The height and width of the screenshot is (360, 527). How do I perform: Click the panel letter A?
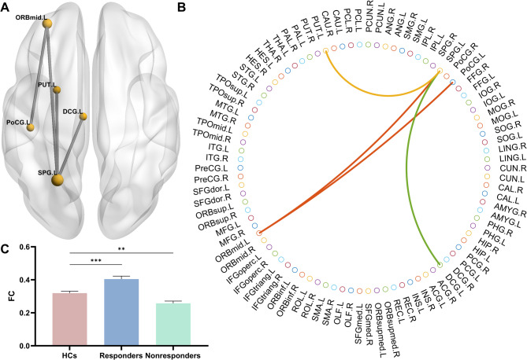6,8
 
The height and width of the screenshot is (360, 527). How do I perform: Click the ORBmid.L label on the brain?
29,15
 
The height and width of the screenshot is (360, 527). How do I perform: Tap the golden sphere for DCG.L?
83,116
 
